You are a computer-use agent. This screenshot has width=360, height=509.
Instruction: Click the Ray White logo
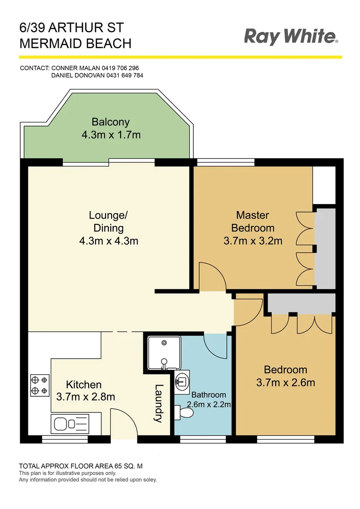pyautogui.click(x=291, y=36)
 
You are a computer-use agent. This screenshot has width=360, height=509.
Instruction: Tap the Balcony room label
pyautogui.click(x=111, y=122)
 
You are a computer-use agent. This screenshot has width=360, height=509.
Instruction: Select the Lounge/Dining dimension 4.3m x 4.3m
pyautogui.click(x=108, y=241)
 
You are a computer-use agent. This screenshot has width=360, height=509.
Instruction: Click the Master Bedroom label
pyautogui.click(x=253, y=222)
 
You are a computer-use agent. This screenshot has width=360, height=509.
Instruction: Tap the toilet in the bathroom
pyautogui.click(x=184, y=413)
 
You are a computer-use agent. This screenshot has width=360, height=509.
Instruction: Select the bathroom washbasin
pyautogui.click(x=182, y=380)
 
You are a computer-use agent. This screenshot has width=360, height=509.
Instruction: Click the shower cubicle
pyautogui.click(x=163, y=352)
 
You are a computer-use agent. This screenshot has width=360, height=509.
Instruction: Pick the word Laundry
pyautogui.click(x=158, y=403)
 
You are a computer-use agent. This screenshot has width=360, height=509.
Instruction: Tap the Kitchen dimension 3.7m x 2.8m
pyautogui.click(x=85, y=396)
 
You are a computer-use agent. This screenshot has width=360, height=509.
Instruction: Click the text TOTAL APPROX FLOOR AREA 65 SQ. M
pyautogui.click(x=80, y=466)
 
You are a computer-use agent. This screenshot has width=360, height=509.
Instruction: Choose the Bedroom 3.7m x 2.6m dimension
pyautogui.click(x=286, y=382)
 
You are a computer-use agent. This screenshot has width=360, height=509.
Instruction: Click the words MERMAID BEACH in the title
pyautogui.click(x=75, y=44)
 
